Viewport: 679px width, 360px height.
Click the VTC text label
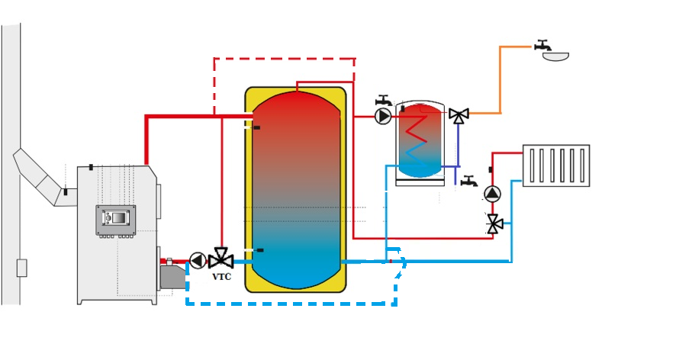(221, 276)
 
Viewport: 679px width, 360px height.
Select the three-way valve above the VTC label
(221, 259)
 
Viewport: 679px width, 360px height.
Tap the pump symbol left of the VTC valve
(198, 261)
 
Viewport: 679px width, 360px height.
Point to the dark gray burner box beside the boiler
(173, 276)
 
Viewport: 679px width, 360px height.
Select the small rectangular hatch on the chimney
(21, 268)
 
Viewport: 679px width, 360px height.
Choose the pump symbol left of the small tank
(383, 116)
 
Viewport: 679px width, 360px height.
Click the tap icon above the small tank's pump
(384, 100)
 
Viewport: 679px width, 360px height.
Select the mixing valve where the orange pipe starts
(459, 115)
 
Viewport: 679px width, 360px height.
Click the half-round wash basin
(555, 56)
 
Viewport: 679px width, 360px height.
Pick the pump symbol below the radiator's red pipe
(493, 193)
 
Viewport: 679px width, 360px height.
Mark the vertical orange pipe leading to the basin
(500, 79)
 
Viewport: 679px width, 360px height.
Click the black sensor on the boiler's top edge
(91, 167)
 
